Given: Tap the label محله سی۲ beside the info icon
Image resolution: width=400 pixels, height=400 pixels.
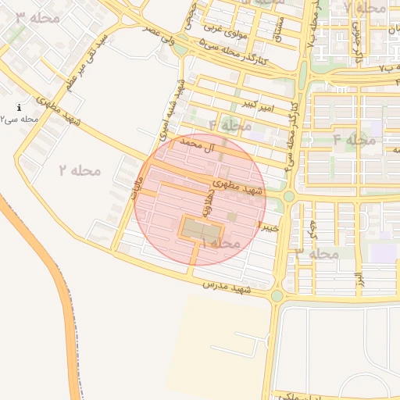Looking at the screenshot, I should pyautogui.click(x=20, y=120).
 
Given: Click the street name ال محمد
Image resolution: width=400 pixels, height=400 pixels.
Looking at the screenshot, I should pyautogui.click(x=197, y=145).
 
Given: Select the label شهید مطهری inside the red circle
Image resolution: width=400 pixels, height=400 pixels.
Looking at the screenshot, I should pyautogui.click(x=237, y=188).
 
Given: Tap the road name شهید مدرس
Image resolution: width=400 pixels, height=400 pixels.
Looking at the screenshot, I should pyautogui.click(x=227, y=287).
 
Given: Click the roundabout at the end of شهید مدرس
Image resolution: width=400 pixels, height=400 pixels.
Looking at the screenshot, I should pyautogui.click(x=277, y=295).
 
